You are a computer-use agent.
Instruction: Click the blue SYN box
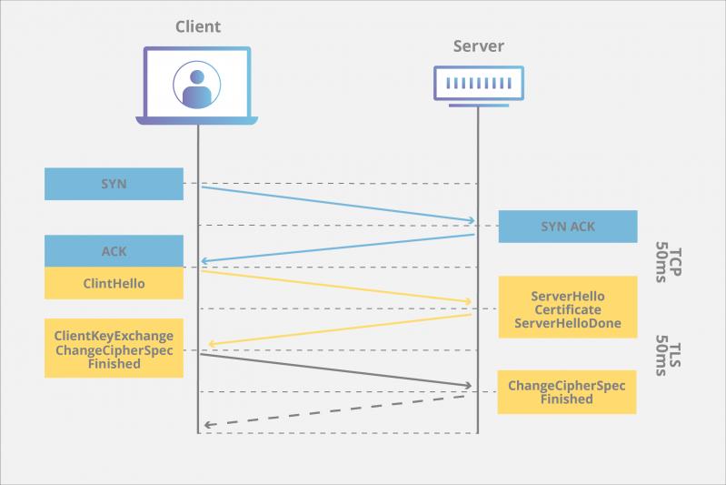tap(114, 184)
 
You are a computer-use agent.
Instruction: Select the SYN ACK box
tap(568, 227)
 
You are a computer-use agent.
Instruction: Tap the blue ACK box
tap(114, 251)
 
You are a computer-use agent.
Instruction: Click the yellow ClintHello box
tap(114, 283)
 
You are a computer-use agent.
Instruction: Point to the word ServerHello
tap(568, 297)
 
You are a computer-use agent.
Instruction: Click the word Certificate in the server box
tap(568, 310)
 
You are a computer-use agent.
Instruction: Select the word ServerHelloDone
tap(568, 324)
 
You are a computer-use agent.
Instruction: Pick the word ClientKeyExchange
tap(114, 336)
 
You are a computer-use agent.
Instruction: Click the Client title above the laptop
tap(197, 26)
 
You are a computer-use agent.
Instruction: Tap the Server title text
tap(478, 45)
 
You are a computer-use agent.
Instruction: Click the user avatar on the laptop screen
tap(197, 84)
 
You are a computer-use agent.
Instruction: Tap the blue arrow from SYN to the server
tap(336, 204)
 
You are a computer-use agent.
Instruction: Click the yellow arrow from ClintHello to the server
tap(336, 286)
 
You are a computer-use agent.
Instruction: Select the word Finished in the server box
tap(566, 399)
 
